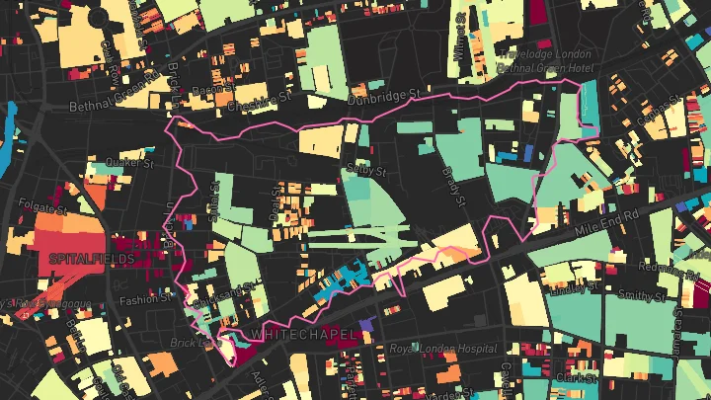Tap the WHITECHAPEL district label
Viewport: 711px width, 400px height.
302,336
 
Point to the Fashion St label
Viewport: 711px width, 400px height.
138,299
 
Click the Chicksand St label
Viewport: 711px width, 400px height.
212,296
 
